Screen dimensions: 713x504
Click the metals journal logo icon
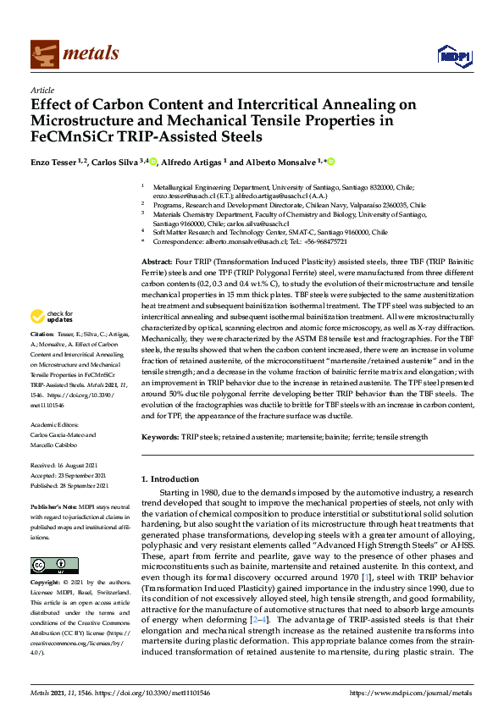click(43, 54)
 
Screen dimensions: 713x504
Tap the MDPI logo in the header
click(454, 56)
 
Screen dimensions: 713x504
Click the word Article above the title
click(42, 90)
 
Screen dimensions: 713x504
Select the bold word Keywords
click(158, 436)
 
